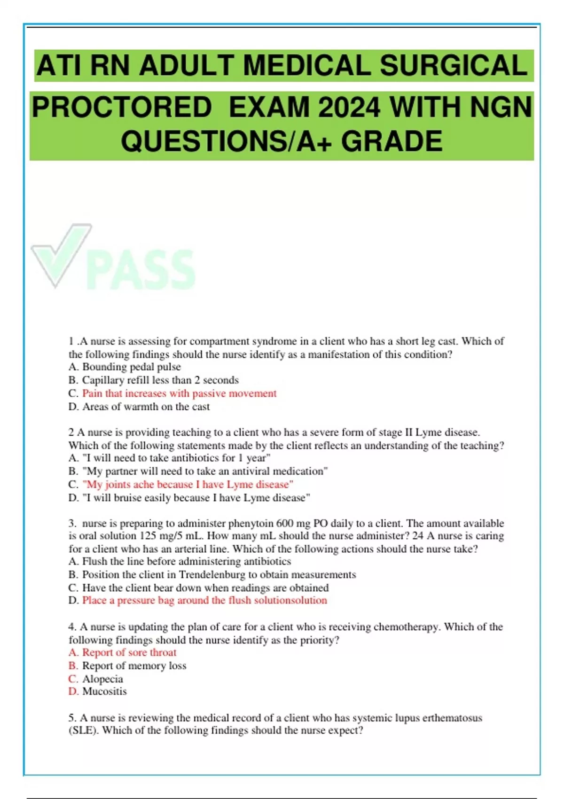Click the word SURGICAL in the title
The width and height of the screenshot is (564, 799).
tap(453, 65)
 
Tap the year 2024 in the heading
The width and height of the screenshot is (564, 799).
tap(349, 107)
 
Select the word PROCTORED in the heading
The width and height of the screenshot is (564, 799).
tap(122, 107)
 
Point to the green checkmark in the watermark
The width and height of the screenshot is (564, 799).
tap(61, 254)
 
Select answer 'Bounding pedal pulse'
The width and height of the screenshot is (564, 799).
tap(131, 367)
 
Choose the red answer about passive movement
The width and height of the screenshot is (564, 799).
tap(179, 393)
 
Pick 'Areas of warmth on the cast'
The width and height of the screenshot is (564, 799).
tap(146, 407)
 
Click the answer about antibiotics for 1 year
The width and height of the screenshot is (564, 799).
tap(176, 458)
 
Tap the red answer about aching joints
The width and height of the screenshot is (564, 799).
tap(188, 485)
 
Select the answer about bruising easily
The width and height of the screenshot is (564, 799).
tap(196, 498)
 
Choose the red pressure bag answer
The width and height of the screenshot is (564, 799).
tap(204, 600)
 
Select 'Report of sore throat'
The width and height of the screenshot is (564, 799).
tap(129, 652)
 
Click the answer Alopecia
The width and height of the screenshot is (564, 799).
tap(102, 679)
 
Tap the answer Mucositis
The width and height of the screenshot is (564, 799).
tap(104, 691)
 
